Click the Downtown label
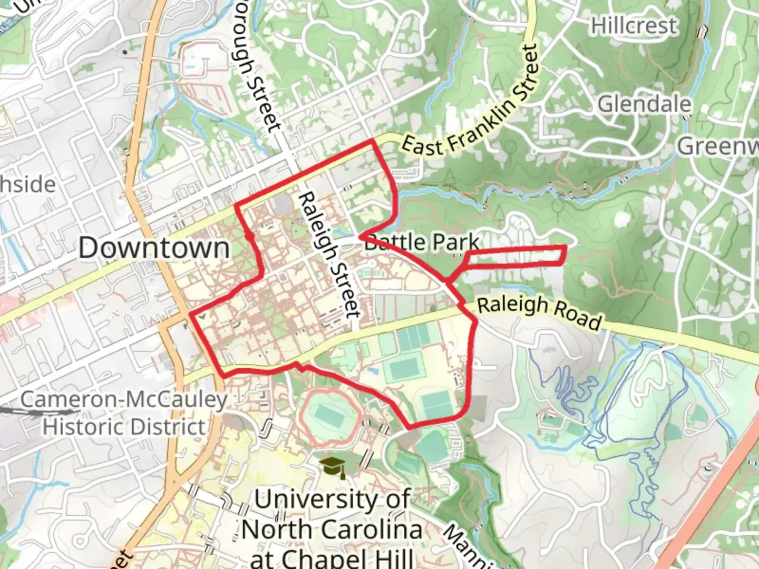pyautogui.click(x=154, y=248)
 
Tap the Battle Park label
pyautogui.click(x=422, y=242)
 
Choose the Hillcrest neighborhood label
pyautogui.click(x=634, y=25)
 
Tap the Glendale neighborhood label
pyautogui.click(x=644, y=104)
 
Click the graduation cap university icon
pyautogui.click(x=333, y=467)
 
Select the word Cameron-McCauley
pyautogui.click(x=124, y=399)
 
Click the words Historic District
pyautogui.click(x=124, y=427)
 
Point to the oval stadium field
pyautogui.click(x=329, y=417)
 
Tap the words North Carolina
pyautogui.click(x=332, y=529)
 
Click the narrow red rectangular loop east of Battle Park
pyautogui.click(x=517, y=255)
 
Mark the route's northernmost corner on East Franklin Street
pyautogui.click(x=373, y=141)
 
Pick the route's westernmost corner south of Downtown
pyautogui.click(x=190, y=315)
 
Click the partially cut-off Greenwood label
pyautogui.click(x=718, y=146)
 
